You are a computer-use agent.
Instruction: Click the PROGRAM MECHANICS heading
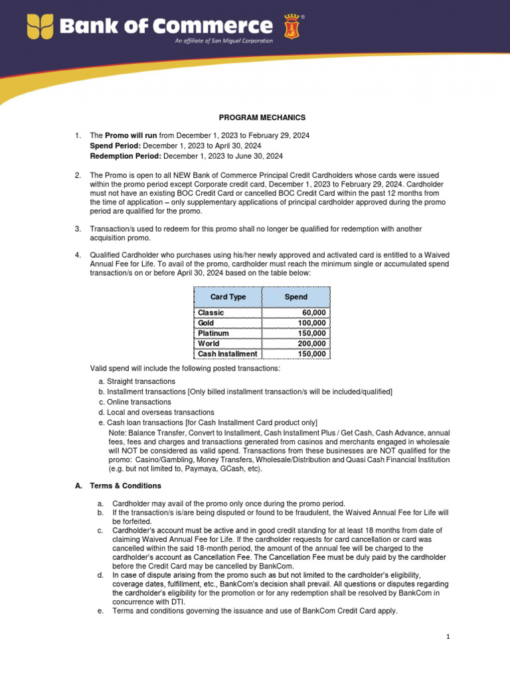[x=262, y=118]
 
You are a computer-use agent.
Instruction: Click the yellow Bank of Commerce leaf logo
[x=41, y=27]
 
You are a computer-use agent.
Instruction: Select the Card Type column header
[x=228, y=297]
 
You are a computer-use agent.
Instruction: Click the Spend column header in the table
[x=296, y=297]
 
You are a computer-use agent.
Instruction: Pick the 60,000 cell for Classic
[x=313, y=313]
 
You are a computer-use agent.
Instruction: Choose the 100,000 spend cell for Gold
[x=311, y=323]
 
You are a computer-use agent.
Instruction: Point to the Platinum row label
[x=213, y=333]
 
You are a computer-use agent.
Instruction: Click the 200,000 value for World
[x=311, y=343]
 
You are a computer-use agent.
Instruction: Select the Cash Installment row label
[x=227, y=354]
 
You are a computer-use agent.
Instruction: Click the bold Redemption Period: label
[x=126, y=156]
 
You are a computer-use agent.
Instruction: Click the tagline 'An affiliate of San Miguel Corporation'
[x=224, y=41]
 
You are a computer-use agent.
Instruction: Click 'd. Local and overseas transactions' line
[x=156, y=412]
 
